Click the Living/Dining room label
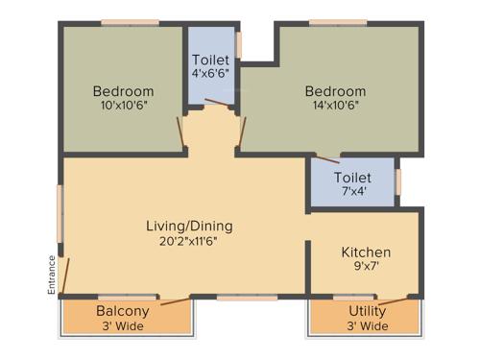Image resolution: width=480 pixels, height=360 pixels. pos(189,227)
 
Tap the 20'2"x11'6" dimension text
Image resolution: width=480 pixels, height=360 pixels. pos(189,242)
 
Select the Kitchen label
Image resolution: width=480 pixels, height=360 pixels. pos(366,252)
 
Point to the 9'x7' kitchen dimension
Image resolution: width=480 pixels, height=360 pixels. pos(366,268)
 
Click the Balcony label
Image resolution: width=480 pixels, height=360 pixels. pos(122,311)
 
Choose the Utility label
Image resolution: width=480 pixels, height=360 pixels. pos(367,311)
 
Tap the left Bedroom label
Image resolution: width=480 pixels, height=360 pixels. pos(123,91)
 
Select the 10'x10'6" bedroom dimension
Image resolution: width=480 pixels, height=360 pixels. pos(123,106)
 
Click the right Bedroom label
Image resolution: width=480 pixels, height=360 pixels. pos(335,91)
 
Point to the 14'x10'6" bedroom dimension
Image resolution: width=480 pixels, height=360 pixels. pos(335,106)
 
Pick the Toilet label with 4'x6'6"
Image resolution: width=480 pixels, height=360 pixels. pos(209,58)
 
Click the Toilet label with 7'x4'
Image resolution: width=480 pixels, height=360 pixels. pos(351,178)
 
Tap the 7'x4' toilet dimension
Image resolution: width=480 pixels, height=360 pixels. pos(351,192)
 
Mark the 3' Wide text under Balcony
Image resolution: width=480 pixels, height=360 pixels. pos(122,325)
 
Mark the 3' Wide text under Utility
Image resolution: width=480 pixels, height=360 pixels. pos(367,325)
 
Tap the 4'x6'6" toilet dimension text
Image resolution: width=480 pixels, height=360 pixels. pos(209,72)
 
